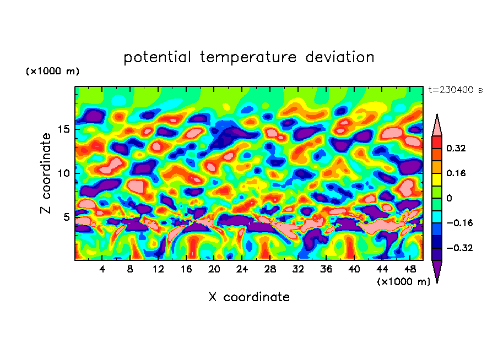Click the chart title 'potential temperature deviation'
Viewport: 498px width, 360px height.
[248, 57]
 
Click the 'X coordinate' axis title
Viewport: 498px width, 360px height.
[249, 297]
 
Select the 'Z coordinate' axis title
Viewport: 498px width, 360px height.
[46, 173]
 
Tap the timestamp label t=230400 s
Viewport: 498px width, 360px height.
[455, 90]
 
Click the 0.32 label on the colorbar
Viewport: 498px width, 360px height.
[457, 148]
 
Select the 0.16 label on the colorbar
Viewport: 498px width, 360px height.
[457, 173]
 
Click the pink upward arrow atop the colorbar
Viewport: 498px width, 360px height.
[436, 125]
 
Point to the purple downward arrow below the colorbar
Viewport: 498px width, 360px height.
[436, 271]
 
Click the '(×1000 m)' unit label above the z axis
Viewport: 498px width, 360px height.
[53, 72]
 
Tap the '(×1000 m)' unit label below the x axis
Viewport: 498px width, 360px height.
[404, 281]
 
